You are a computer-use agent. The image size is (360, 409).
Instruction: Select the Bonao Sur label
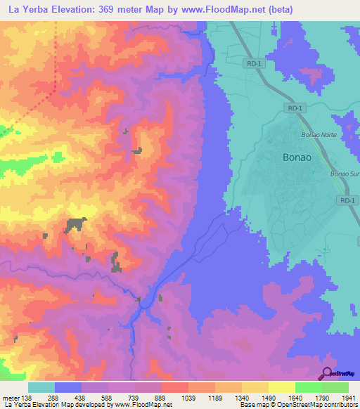click(345, 174)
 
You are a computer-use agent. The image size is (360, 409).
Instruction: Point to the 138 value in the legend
click(27, 398)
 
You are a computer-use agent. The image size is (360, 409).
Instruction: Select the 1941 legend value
click(348, 398)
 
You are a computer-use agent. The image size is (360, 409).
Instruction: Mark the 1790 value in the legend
click(321, 398)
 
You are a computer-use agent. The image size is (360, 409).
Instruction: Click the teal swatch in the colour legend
click(41, 387)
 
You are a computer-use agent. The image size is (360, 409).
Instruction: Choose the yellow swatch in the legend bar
click(281, 387)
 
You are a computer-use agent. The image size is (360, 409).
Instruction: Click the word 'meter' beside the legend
click(10, 398)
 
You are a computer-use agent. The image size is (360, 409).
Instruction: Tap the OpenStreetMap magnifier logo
click(328, 372)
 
